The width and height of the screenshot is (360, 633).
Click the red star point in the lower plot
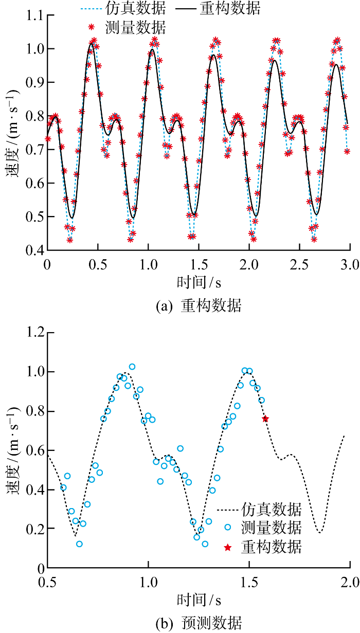tap(265, 419)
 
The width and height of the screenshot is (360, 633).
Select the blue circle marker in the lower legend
tap(227, 528)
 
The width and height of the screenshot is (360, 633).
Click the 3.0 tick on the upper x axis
tap(350, 264)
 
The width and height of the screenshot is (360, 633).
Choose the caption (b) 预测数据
tap(198, 624)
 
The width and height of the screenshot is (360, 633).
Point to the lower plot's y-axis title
tap(12, 450)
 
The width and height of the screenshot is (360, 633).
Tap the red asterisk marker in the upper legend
tap(92, 26)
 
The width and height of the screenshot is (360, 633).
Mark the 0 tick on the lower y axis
tap(39, 568)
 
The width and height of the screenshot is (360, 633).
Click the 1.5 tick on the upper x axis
tap(199, 264)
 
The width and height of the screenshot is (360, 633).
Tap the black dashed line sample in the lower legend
tap(227, 510)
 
